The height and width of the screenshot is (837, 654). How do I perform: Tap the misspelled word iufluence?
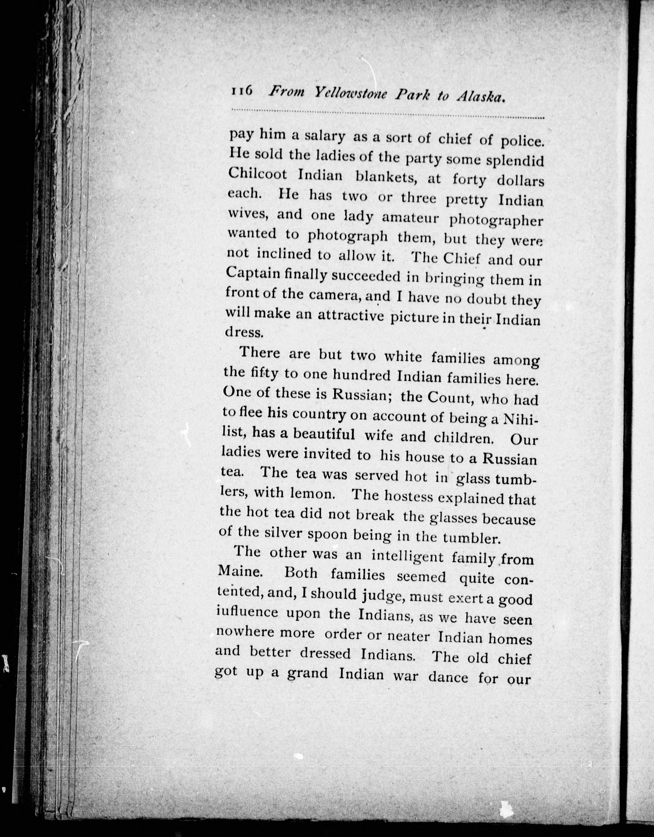click(x=247, y=612)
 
